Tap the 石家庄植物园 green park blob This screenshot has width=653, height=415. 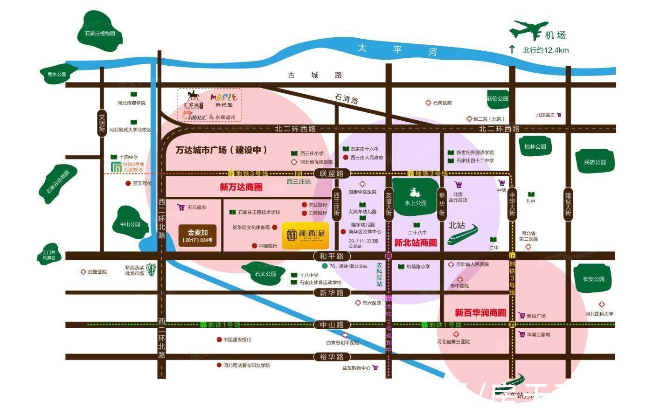(100, 32)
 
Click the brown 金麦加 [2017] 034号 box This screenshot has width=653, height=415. (198, 236)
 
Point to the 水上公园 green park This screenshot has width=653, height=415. (416, 197)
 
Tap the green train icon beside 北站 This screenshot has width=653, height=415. (463, 235)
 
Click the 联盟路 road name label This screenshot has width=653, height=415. (332, 173)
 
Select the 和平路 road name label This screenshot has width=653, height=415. (332, 256)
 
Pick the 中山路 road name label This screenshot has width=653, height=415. (332, 325)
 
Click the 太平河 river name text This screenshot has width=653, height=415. (396, 49)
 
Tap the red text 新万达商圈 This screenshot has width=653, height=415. (241, 187)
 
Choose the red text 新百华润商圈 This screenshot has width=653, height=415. (480, 312)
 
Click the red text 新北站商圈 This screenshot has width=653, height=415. (416, 242)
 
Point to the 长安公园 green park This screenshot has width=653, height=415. (593, 279)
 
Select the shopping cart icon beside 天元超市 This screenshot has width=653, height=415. (181, 207)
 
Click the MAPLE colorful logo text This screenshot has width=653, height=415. (224, 97)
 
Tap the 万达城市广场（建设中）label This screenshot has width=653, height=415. (222, 150)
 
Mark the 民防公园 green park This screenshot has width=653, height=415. (595, 162)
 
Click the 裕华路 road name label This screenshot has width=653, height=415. (332, 357)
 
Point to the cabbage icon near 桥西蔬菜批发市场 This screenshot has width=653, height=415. (151, 270)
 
